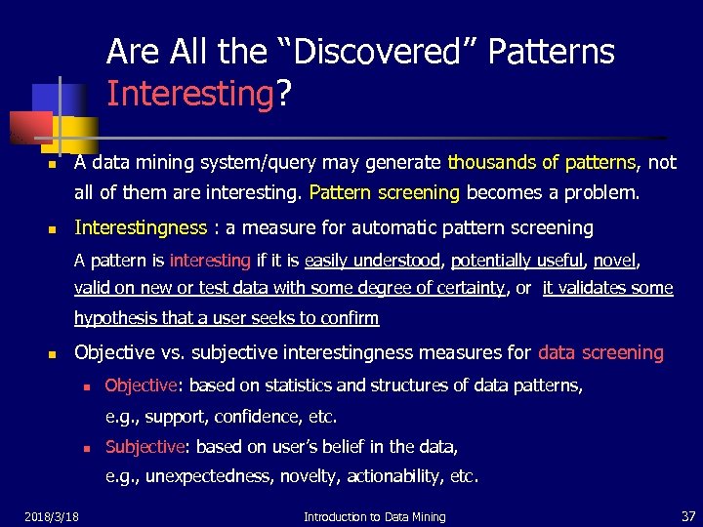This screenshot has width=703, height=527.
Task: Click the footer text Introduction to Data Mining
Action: click(x=374, y=516)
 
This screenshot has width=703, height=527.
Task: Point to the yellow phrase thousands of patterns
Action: click(x=542, y=162)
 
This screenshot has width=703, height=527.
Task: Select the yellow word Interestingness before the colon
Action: click(x=141, y=228)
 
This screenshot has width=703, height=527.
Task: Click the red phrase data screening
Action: click(x=600, y=352)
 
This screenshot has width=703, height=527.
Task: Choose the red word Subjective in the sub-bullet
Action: click(x=145, y=447)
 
